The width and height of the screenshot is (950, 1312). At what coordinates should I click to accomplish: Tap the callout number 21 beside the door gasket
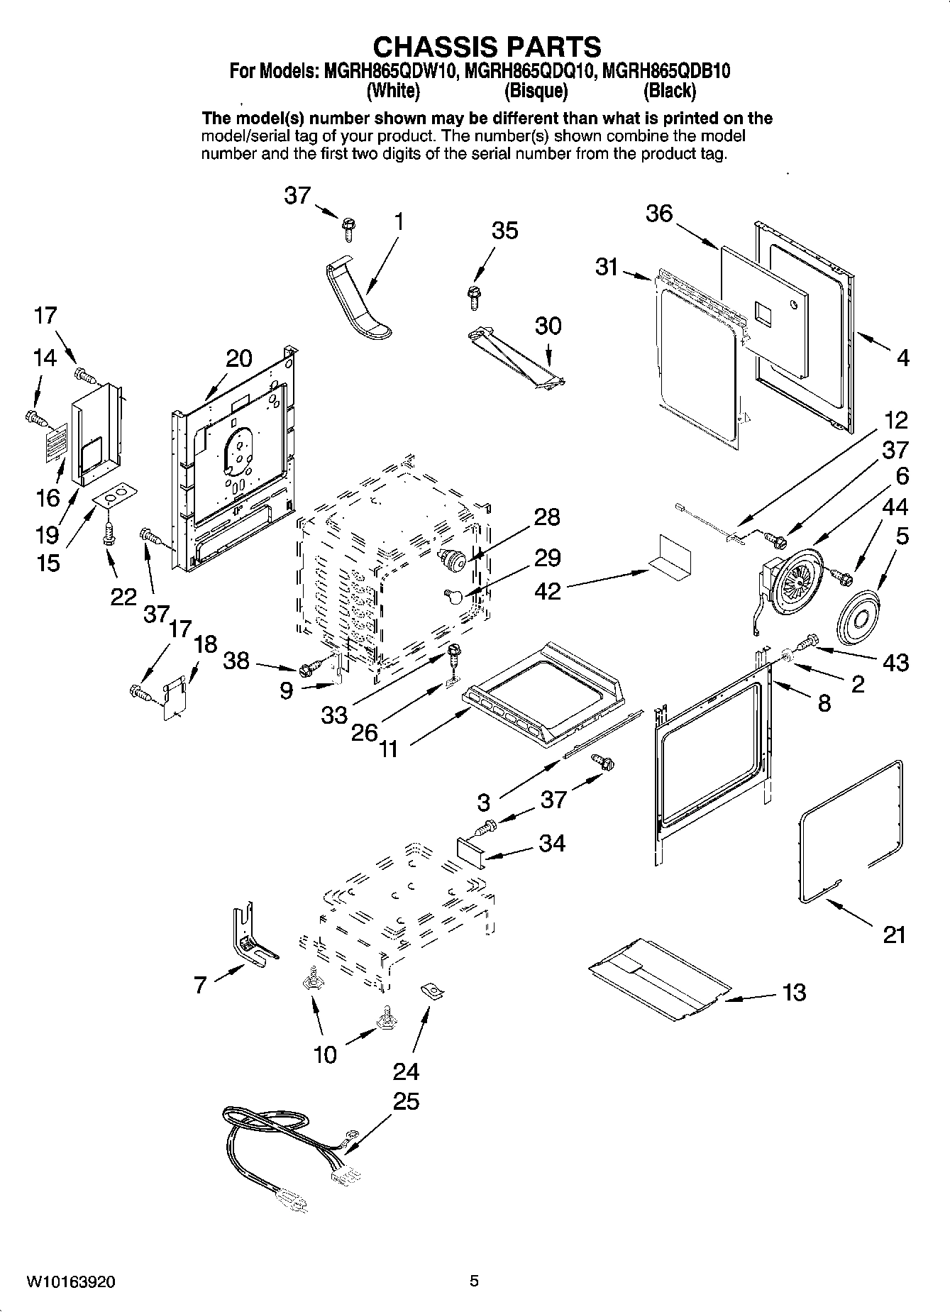(894, 935)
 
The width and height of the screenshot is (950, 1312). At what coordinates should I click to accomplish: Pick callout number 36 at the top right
(658, 213)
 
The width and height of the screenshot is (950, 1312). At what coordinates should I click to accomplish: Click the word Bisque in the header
(536, 91)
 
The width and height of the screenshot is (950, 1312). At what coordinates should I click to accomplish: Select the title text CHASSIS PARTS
(487, 47)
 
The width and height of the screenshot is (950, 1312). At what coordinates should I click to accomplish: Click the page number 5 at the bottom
(474, 1281)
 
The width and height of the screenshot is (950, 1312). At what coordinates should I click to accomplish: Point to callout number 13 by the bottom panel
(794, 991)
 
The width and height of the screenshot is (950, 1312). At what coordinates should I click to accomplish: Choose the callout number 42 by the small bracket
(547, 590)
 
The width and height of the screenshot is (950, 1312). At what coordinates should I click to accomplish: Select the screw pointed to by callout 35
(474, 296)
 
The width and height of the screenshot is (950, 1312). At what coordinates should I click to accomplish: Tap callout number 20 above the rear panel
(239, 358)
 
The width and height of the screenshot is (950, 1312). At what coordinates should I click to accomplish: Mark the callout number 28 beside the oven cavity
(547, 517)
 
